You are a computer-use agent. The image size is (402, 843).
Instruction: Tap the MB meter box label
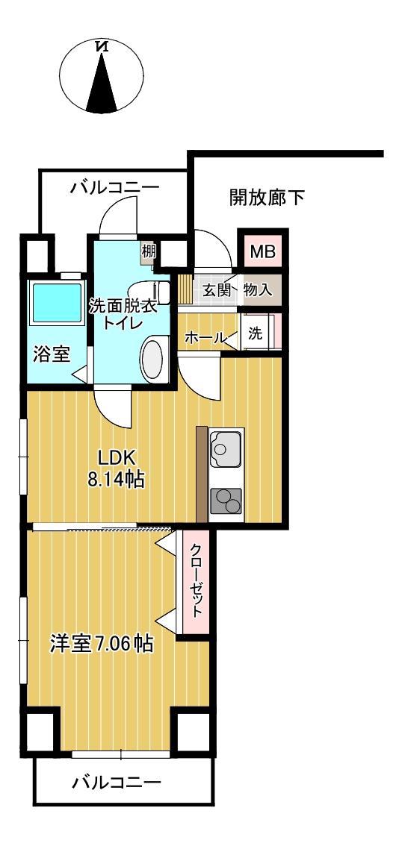263,251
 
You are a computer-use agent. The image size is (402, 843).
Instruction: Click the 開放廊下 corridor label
267,198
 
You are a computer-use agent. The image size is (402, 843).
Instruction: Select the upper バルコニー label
115,188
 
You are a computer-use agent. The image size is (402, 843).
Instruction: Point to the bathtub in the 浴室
57,303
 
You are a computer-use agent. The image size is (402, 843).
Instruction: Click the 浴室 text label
52,355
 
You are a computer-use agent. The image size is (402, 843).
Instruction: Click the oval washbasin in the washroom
155,358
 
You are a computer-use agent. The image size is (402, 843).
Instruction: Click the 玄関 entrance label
217,291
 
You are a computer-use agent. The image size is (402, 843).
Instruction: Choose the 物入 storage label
258,291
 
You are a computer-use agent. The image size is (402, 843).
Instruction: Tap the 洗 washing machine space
256,333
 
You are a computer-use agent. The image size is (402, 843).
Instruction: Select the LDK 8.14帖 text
117,468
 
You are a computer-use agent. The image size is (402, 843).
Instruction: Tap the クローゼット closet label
197,580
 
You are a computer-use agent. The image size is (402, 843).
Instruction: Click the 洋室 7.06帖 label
102,643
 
